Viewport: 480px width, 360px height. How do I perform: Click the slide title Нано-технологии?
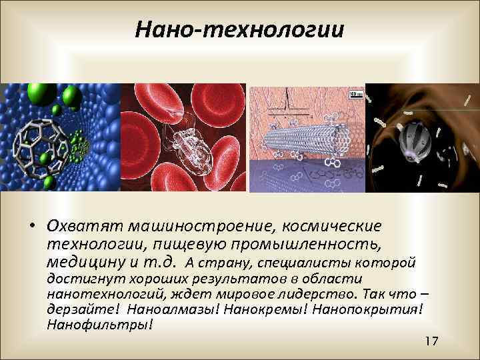click(239, 29)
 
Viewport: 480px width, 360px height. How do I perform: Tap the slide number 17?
click(431, 341)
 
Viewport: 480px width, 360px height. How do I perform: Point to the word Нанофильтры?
click(100, 324)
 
